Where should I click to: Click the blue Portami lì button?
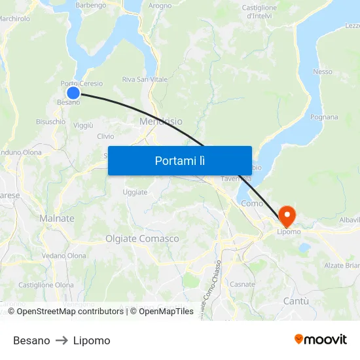[179, 160]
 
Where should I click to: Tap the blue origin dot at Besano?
[73, 93]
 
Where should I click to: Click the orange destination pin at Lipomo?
[287, 215]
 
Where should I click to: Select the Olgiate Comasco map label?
[142, 239]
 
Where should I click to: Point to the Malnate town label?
[57, 218]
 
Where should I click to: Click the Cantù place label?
[296, 300]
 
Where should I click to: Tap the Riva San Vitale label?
[145, 80]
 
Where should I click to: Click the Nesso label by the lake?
[323, 71]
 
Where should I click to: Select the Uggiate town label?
[135, 192]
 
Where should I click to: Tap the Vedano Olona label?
[63, 256]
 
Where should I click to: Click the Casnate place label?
[242, 284]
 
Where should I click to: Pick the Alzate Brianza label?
[343, 265]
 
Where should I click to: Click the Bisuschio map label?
[50, 122]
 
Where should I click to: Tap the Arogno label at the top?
[160, 5]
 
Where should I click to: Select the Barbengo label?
[91, 5]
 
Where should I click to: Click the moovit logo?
[321, 339]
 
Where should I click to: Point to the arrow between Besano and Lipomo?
[62, 341]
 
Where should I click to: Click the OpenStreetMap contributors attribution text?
[69, 312]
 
